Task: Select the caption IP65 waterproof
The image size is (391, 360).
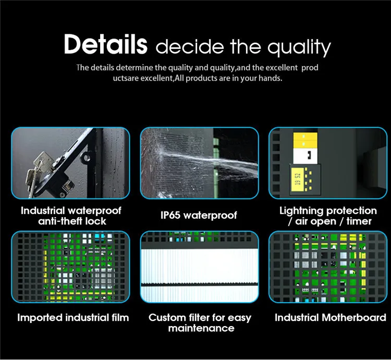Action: (x=199, y=215)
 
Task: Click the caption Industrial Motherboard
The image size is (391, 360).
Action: (x=330, y=317)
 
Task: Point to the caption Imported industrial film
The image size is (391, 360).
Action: (x=73, y=317)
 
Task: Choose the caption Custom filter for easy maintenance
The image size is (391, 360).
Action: (x=200, y=322)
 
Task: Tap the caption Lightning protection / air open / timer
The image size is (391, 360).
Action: (x=328, y=216)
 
